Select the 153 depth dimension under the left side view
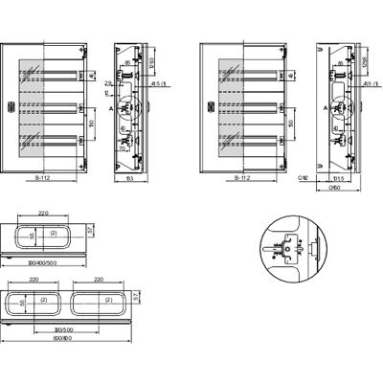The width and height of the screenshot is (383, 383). pos(128,179)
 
